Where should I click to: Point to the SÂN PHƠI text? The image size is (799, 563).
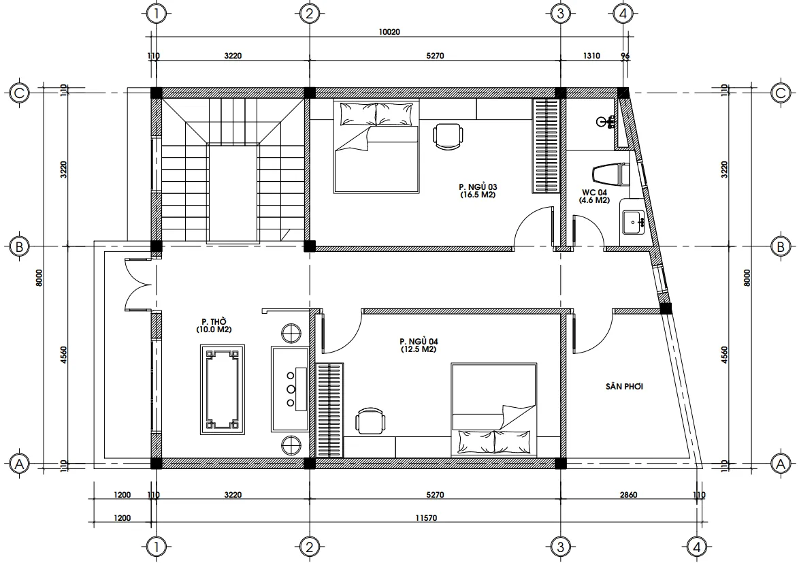624,387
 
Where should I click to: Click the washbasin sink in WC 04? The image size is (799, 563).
633,223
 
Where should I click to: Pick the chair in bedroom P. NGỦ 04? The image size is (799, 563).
370,420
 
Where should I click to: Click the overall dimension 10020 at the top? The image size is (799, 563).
389,32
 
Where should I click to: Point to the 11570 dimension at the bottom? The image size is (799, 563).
426,518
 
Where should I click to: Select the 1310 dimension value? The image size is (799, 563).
591,56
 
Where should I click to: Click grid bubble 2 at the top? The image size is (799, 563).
309,13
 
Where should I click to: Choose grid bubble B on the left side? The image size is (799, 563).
19,246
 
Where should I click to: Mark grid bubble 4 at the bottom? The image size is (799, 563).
697,547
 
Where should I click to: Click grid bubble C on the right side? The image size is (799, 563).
780,93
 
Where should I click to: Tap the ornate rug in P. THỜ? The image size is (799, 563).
222,390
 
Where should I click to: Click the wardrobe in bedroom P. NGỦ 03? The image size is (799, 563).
547,146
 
